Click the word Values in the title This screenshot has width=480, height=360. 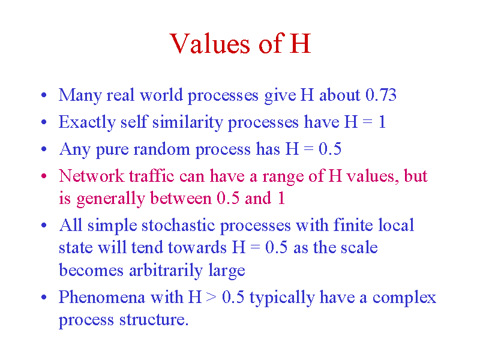click(x=210, y=43)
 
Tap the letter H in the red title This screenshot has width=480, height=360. click(x=301, y=43)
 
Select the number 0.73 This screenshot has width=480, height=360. click(x=381, y=95)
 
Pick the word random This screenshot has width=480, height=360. click(x=161, y=149)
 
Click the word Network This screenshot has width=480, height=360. click(x=92, y=176)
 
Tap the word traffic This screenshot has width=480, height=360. click(x=152, y=176)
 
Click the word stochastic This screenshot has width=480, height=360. click(x=178, y=226)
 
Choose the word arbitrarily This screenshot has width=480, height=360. click(x=166, y=271)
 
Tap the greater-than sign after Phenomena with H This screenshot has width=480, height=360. click(x=211, y=298)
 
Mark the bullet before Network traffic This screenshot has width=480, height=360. click(x=44, y=176)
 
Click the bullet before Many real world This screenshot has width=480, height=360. click(x=44, y=95)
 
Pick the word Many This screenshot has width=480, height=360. click(x=80, y=95)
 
